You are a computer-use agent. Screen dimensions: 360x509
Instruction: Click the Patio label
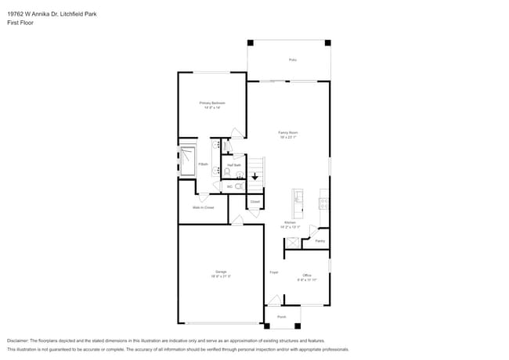pos(292,59)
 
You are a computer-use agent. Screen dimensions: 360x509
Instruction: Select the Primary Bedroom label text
pos(212,103)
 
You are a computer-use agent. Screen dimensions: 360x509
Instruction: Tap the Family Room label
pos(289,133)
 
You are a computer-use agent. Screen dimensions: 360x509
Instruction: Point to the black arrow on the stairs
pos(255,177)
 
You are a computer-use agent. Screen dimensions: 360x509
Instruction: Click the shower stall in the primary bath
pos(190,162)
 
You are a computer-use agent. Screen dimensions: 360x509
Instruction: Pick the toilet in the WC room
pos(239,186)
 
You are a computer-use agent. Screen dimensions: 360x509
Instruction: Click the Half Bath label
pos(233,165)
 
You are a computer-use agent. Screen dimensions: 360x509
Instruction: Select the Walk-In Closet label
pos(204,207)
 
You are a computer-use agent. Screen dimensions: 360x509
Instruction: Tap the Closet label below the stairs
pos(255,202)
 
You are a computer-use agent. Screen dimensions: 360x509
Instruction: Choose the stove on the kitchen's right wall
pos(323,203)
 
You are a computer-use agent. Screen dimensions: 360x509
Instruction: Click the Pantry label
pos(319,241)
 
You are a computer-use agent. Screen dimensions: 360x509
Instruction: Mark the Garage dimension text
pos(221,276)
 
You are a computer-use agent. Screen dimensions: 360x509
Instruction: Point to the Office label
pos(308,275)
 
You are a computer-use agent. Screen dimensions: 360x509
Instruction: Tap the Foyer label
pos(274,272)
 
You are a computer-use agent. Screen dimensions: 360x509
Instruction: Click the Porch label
pos(282,317)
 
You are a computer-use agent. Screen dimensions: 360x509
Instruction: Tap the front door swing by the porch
pos(273,300)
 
